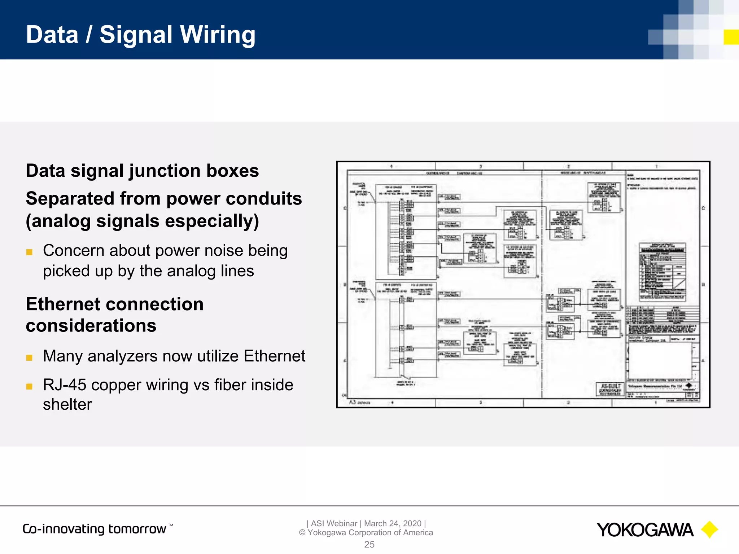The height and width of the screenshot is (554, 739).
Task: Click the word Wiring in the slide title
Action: [x=218, y=35]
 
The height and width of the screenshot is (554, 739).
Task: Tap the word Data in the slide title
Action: [x=52, y=35]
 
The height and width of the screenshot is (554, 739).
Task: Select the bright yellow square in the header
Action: [x=731, y=37]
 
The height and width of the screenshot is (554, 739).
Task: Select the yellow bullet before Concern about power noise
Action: [x=30, y=252]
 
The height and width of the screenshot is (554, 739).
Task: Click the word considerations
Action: [x=91, y=326]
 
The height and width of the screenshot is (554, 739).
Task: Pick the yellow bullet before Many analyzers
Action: [x=30, y=358]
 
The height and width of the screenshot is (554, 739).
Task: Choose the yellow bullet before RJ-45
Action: [x=30, y=387]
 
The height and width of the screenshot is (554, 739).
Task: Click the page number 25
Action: [x=369, y=545]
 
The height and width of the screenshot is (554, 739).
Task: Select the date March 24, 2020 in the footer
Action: [x=393, y=523]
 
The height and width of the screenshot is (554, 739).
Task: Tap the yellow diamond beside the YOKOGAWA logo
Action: [x=709, y=530]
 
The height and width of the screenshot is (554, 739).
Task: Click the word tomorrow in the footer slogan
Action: [x=137, y=529]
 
